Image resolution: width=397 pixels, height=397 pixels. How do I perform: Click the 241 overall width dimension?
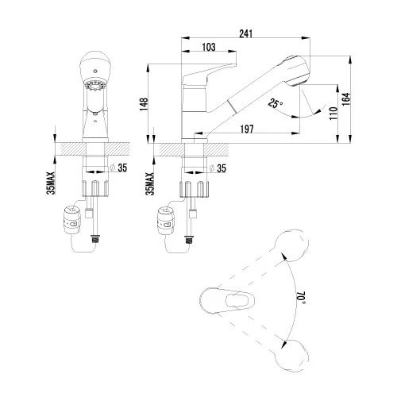tap(246, 34)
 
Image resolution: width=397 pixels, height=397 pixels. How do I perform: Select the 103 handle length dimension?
tap(209, 47)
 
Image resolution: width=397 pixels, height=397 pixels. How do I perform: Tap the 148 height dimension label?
tap(144, 104)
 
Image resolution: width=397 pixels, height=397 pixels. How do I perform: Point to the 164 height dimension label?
tap(346, 99)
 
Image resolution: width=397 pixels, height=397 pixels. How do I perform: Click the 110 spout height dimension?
tap(333, 114)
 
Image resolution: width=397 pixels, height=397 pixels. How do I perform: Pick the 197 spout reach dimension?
tap(247, 129)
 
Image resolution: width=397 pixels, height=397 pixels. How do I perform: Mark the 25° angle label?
tap(275, 103)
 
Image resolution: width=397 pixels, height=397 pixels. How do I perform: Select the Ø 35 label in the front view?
tap(118, 168)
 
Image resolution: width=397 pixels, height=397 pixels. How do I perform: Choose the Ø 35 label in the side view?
tap(218, 168)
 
